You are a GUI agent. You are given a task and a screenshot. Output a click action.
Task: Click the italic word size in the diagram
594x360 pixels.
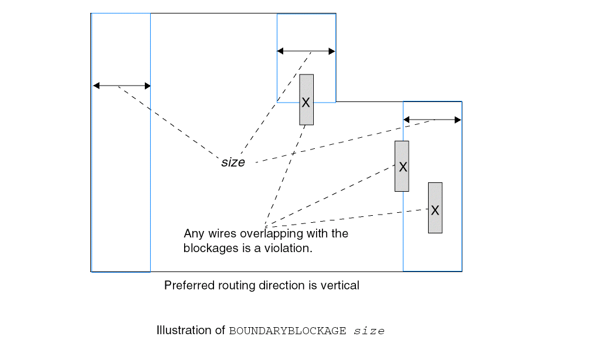(233, 162)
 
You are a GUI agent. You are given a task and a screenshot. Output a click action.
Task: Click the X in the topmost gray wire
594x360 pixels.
(306, 102)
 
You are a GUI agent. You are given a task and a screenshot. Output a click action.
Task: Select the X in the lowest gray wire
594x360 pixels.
(435, 210)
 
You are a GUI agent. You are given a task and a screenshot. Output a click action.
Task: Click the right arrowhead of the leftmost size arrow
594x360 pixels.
(147, 86)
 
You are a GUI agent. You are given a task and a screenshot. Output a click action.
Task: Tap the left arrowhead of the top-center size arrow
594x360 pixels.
(280, 52)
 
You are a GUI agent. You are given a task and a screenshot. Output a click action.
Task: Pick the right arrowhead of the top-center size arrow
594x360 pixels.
(332, 52)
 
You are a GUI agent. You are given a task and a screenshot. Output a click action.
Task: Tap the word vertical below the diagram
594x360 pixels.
(340, 286)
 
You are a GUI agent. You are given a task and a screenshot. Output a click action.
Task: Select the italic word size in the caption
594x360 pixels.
(369, 331)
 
